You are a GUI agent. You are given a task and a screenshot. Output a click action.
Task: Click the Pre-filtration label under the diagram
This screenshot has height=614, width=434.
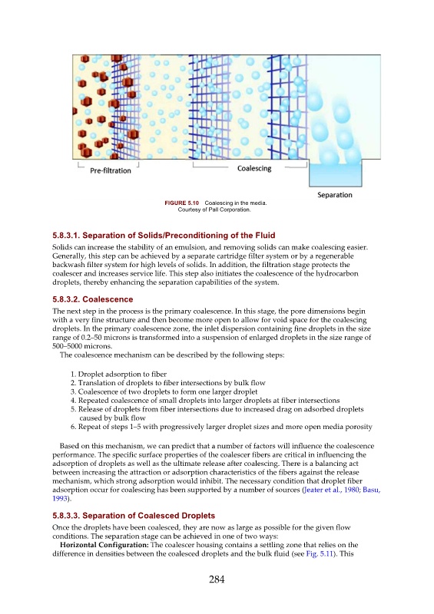pos(111,170)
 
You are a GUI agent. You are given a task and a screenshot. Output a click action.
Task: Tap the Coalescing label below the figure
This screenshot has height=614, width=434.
pos(254,168)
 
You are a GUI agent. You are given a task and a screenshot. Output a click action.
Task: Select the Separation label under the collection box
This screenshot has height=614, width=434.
pos(334,195)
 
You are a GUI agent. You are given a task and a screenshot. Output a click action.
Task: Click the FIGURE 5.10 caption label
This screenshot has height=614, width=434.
pos(181,203)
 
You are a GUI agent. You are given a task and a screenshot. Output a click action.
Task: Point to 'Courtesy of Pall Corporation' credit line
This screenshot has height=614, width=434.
pos(214,210)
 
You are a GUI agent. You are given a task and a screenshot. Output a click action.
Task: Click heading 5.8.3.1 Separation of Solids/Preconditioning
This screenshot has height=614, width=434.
pos(164,236)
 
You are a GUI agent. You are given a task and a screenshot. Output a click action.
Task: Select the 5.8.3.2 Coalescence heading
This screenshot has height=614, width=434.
pos(92,299)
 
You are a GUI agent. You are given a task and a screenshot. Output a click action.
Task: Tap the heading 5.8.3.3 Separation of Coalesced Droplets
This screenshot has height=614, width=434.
pos(134,516)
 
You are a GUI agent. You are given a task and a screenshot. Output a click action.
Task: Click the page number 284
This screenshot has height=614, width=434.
pos(217,579)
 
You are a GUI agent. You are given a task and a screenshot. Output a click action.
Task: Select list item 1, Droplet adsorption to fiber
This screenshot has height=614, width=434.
pos(118,374)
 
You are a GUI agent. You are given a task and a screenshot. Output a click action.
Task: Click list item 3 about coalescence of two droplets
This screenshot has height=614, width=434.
pos(164,391)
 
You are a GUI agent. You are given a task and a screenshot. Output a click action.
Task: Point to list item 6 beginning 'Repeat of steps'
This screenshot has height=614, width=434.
pos(221,427)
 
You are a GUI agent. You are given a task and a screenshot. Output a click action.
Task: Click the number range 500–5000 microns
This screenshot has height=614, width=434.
pos(82,346)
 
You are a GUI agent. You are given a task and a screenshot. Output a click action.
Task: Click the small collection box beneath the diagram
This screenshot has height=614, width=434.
pos(335,173)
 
